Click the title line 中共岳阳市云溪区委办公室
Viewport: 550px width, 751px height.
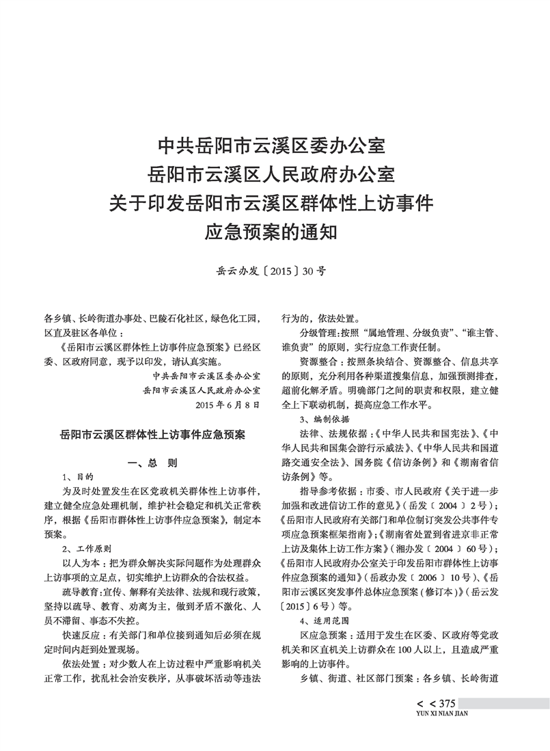(x=272, y=146)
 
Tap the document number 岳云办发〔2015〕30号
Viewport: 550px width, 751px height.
(x=271, y=271)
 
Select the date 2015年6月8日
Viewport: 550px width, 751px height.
(x=228, y=405)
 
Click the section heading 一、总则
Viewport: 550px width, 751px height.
(x=152, y=463)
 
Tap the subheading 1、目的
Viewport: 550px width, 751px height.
(x=77, y=476)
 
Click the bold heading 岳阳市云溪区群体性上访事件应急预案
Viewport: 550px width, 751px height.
(x=153, y=434)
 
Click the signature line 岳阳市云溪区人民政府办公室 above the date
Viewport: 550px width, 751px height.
(x=202, y=390)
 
